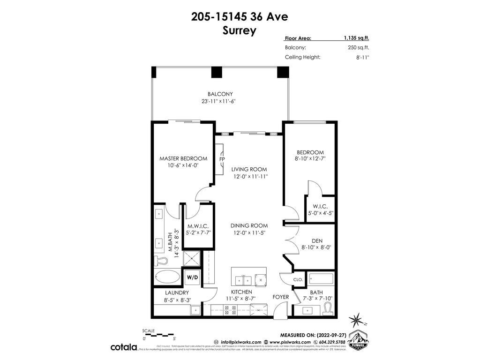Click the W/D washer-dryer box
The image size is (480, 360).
click(x=192, y=277)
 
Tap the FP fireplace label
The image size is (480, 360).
click(x=222, y=158)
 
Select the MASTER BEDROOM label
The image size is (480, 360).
click(x=183, y=158)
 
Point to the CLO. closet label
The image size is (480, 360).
click(x=298, y=279)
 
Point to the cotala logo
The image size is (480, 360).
click(x=124, y=347)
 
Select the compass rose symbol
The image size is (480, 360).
click(x=357, y=320)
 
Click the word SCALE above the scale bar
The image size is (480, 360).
click(x=149, y=330)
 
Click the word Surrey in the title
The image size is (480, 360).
click(x=240, y=31)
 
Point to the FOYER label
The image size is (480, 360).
click(x=281, y=297)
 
